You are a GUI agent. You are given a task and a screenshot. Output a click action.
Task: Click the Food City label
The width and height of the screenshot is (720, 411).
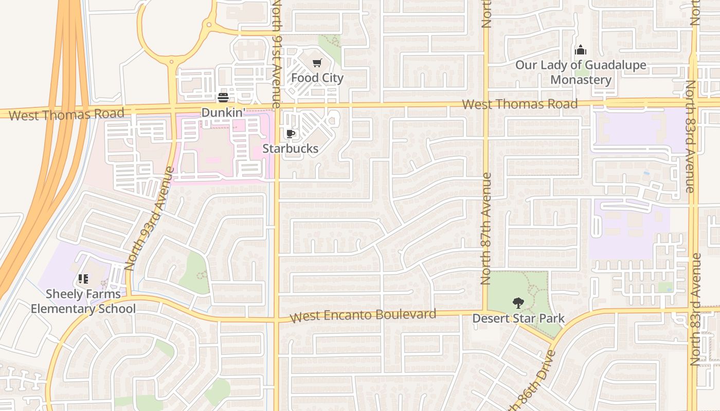(317, 78)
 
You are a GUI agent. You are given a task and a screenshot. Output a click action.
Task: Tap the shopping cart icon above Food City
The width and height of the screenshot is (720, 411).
(317, 63)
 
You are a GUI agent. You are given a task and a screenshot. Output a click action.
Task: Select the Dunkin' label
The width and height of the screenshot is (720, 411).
(223, 113)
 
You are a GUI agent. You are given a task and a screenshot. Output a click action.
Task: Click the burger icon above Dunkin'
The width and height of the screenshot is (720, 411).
(223, 98)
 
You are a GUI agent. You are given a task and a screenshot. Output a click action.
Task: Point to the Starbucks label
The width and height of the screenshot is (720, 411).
(291, 148)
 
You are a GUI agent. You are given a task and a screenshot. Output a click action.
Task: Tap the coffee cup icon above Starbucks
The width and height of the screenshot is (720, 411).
(291, 134)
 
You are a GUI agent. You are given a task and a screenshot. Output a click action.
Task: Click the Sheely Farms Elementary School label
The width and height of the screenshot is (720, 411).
(83, 302)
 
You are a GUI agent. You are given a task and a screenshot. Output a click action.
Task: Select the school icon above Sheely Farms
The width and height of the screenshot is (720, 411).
(83, 279)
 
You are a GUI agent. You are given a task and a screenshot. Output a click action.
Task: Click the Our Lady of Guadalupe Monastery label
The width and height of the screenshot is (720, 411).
(581, 72)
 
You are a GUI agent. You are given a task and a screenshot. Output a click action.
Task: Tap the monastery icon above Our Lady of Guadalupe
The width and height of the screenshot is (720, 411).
(581, 50)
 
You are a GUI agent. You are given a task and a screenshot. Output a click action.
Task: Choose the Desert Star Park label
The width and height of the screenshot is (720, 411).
(518, 319)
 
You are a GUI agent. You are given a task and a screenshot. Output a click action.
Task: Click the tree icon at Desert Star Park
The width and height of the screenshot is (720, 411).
(518, 303)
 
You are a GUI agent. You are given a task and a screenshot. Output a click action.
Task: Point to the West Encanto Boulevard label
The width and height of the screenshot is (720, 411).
(363, 315)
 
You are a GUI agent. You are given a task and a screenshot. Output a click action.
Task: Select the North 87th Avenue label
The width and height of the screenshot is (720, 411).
(486, 229)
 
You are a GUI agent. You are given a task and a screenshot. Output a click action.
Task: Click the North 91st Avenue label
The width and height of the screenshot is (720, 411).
(277, 54)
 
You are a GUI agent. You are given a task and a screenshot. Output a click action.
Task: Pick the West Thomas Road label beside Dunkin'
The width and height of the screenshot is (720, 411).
(66, 114)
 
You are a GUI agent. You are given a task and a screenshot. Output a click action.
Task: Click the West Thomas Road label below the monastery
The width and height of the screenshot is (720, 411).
(519, 104)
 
